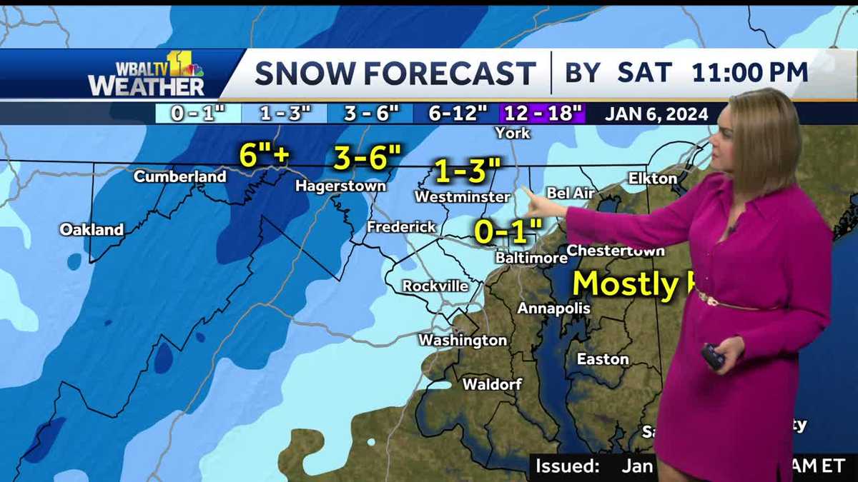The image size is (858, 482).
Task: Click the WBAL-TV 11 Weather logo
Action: [x=147, y=74]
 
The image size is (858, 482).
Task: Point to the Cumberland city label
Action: [x=180, y=176]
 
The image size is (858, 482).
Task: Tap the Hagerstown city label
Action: [x=341, y=186]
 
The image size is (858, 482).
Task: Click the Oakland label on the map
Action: [x=92, y=230]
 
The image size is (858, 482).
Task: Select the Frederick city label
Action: [x=401, y=227]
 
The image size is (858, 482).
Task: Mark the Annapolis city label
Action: [x=554, y=308]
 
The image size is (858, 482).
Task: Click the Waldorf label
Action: [x=491, y=384]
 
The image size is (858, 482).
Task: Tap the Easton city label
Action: [x=603, y=359]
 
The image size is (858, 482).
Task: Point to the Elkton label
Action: [x=652, y=179]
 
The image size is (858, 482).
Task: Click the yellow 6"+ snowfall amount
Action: [x=263, y=156]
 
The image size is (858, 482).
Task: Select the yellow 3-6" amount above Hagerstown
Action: [x=368, y=159]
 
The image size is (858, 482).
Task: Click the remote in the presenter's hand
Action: [x=713, y=356]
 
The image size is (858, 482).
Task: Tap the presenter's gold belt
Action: [x=722, y=301]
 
